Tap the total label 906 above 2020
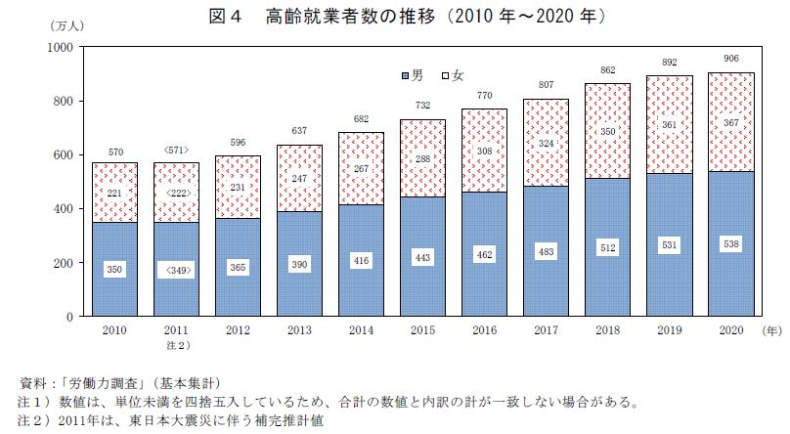coord(731,59)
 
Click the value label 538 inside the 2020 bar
coord(731,243)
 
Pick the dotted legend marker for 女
coord(445,75)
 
